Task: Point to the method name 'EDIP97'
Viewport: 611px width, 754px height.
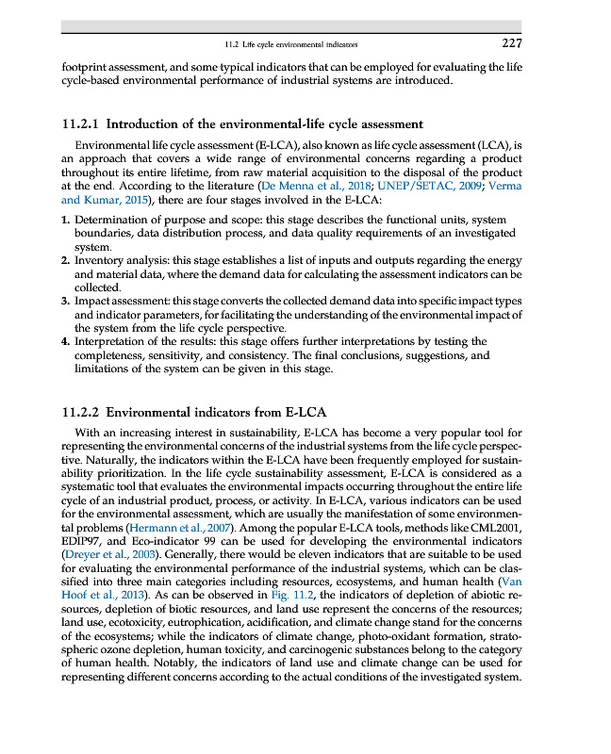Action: (81, 544)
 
